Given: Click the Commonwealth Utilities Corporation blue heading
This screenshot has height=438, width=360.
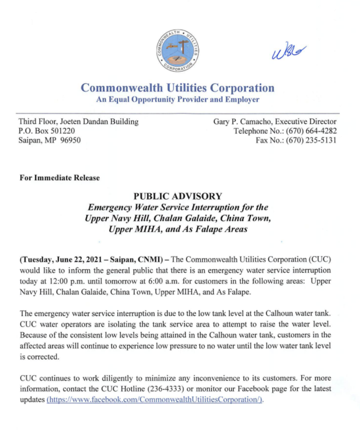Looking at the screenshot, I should coord(178,87).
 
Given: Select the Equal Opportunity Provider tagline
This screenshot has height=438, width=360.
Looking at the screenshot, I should coord(178,99).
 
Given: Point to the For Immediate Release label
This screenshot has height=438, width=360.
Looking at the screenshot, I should coord(59,178).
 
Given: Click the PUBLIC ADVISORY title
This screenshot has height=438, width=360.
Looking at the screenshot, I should coord(178,196).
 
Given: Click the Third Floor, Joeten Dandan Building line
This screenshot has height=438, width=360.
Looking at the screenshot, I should coord(79,121).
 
